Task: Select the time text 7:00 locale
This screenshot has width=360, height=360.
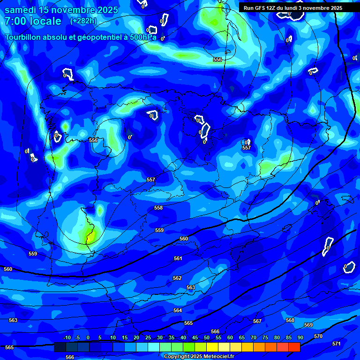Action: [x=33, y=21]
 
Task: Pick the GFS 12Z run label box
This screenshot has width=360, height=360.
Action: [x=292, y=7]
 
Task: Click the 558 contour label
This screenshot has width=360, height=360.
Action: [x=158, y=208]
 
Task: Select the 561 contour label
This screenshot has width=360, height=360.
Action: [x=178, y=258]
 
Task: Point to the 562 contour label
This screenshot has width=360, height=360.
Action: [x=177, y=278]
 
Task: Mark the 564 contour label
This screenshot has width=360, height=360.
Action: [x=177, y=310]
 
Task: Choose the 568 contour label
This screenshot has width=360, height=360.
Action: [x=290, y=320]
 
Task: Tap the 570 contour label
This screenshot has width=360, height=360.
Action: [x=318, y=336]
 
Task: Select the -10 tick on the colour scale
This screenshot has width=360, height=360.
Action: [x=67, y=338]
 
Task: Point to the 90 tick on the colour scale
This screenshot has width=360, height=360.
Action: [x=300, y=338]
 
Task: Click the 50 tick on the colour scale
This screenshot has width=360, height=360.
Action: [x=206, y=338]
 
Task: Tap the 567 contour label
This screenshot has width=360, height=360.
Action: [x=257, y=321]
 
